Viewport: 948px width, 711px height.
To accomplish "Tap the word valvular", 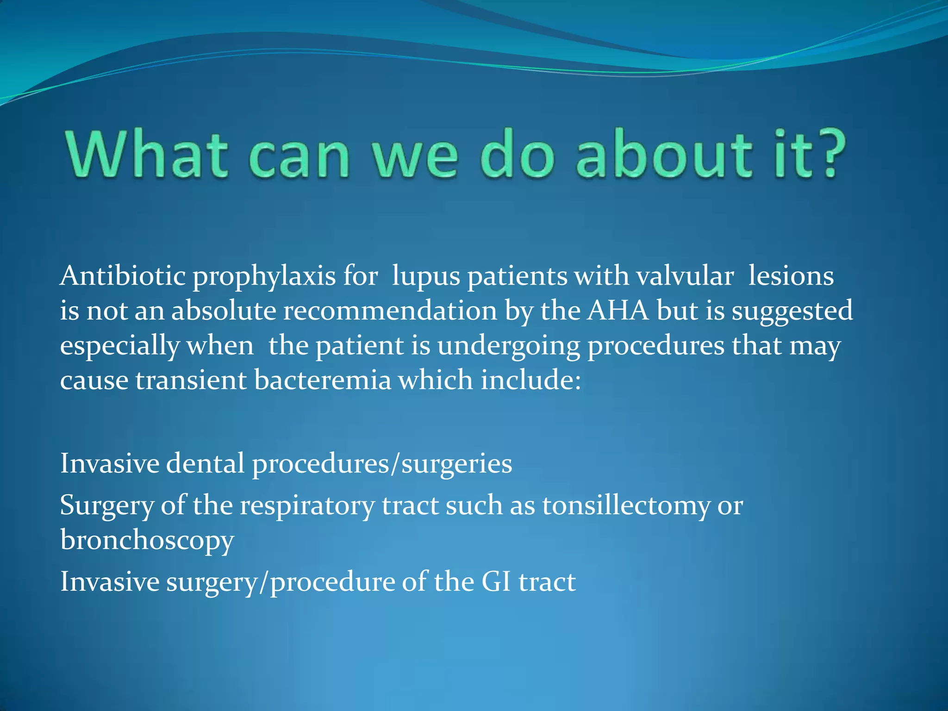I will tap(685, 276).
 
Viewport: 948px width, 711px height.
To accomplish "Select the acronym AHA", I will tap(618, 310).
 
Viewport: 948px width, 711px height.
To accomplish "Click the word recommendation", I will tap(390, 310).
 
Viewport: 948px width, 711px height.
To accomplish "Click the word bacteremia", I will tap(323, 380).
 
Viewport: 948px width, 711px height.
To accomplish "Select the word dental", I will tap(205, 463).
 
